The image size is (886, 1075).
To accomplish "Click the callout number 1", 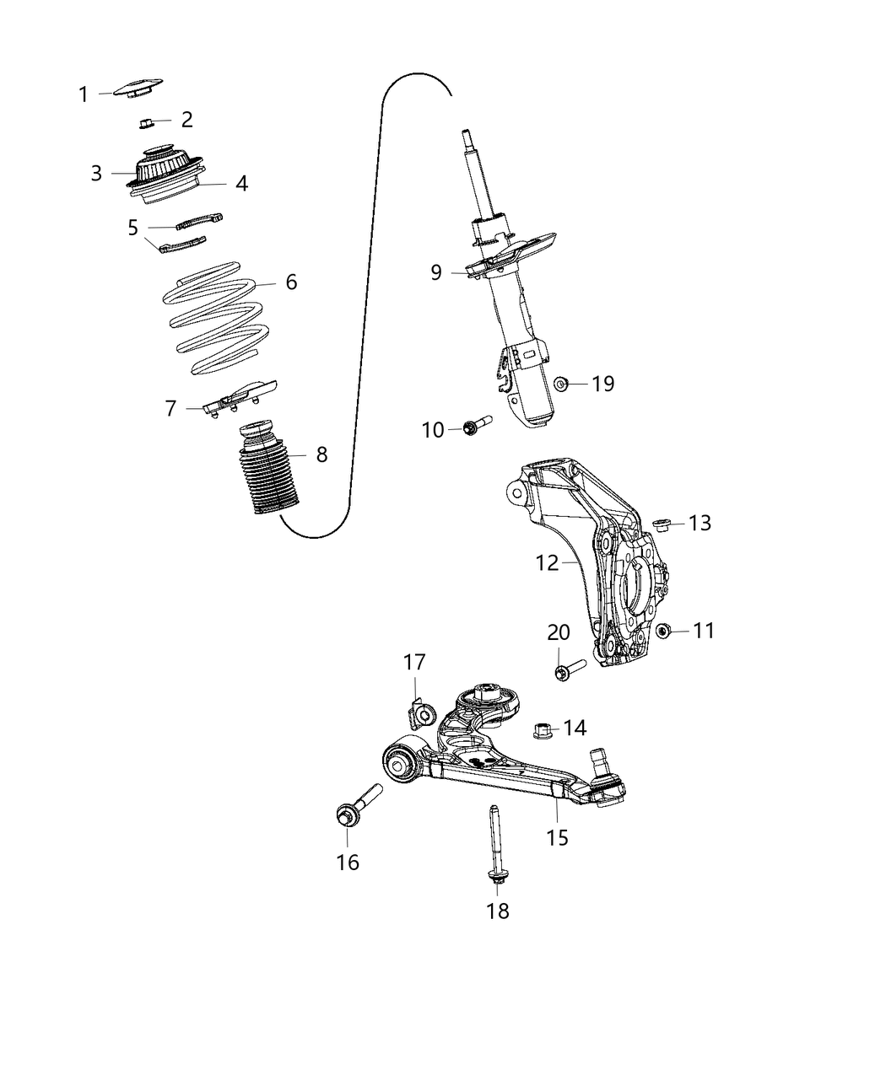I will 84,94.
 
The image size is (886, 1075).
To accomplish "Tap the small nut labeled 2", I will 145,124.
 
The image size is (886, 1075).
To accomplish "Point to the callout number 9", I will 435,272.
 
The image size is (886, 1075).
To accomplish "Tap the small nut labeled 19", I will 560,384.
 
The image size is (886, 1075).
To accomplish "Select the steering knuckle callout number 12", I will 547,562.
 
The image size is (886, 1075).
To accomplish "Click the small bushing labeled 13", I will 662,525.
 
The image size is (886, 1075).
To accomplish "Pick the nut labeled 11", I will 663,631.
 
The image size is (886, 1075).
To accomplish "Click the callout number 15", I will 557,837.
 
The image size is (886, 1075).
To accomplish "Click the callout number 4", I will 241,183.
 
